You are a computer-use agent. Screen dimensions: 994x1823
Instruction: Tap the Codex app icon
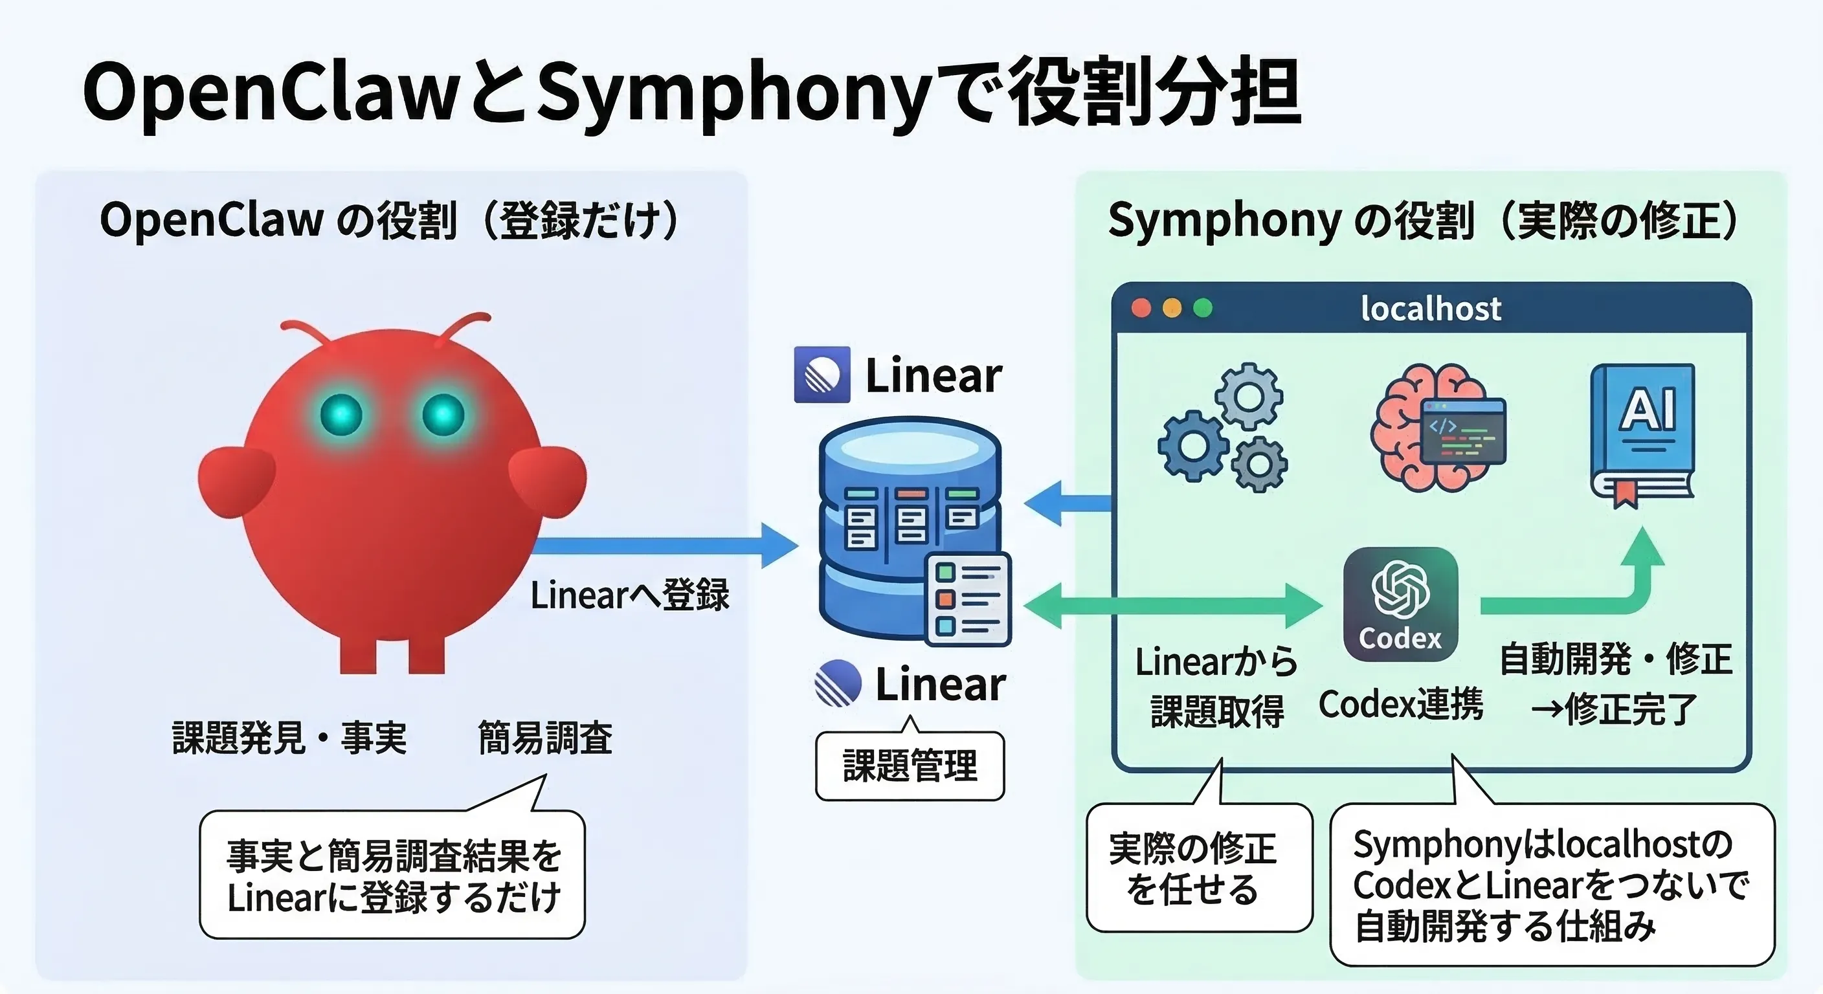pos(1400,604)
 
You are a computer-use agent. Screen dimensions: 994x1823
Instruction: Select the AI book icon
pos(1642,434)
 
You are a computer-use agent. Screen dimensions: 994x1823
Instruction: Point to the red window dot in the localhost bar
pos(1141,309)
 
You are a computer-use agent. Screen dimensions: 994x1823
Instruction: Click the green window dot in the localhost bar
pos(1202,309)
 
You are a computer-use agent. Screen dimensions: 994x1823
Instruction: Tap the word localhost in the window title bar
pos(1430,309)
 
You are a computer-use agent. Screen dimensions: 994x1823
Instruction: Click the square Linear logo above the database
pos(822,374)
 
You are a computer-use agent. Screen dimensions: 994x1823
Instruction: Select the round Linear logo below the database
pos(837,683)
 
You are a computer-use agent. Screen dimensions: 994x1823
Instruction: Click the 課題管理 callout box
pos(910,766)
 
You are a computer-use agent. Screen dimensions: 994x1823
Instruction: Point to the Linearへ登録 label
pos(629,594)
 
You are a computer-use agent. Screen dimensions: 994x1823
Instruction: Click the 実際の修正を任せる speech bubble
pos(1199,867)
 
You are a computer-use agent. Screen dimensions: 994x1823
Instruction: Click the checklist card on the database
pos(968,599)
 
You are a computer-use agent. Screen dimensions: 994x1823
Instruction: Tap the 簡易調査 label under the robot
pos(545,738)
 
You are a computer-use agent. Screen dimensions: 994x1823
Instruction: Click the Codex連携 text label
pos(1400,705)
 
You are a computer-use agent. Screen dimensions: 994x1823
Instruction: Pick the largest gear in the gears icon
pos(1193,446)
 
